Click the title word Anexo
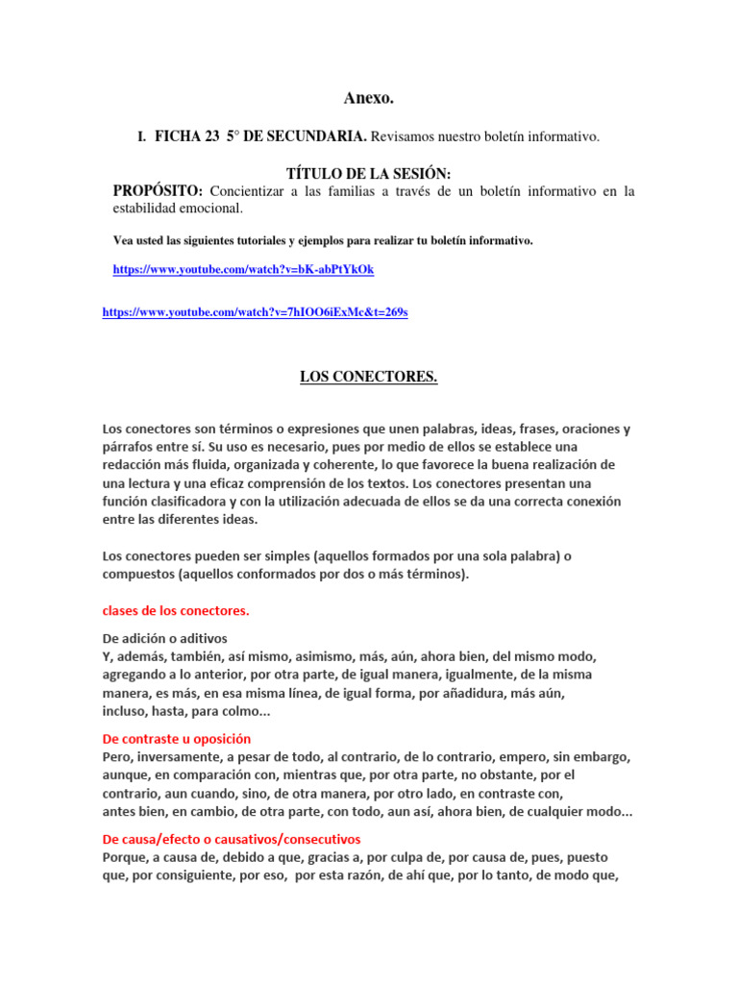369,98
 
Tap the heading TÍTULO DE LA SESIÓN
369,173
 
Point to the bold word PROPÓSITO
159,190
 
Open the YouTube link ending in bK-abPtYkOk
243,270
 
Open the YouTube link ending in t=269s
255,312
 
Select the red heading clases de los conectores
176,610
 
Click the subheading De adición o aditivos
164,638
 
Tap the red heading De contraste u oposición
177,739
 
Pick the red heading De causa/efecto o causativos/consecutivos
232,839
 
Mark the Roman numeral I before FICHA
141,138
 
